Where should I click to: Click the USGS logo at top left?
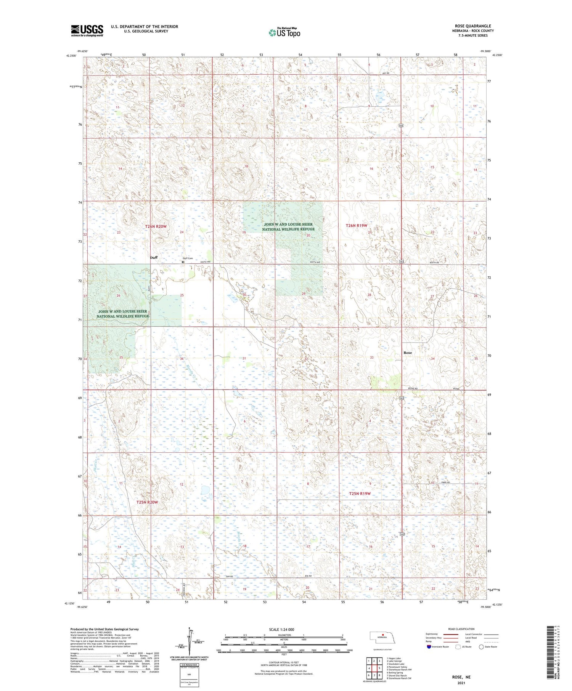(x=87, y=30)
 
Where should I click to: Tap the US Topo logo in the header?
(x=284, y=33)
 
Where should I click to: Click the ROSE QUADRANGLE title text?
(x=472, y=26)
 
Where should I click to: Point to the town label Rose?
(x=408, y=353)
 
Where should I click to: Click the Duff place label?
(x=154, y=257)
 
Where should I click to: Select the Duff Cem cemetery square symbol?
(x=183, y=262)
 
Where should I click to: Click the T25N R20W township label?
(x=147, y=502)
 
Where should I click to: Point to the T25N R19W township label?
(x=360, y=494)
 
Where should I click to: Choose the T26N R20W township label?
(x=156, y=226)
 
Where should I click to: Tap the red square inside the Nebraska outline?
(x=383, y=635)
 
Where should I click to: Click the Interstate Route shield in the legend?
(x=429, y=647)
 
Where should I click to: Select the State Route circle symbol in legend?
(x=481, y=647)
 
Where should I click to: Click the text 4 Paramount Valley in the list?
(x=397, y=667)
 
